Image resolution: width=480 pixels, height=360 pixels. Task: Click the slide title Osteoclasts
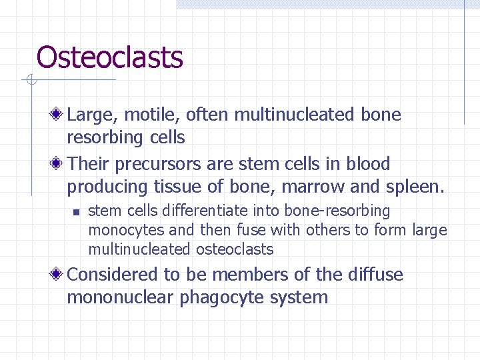[x=110, y=57]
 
